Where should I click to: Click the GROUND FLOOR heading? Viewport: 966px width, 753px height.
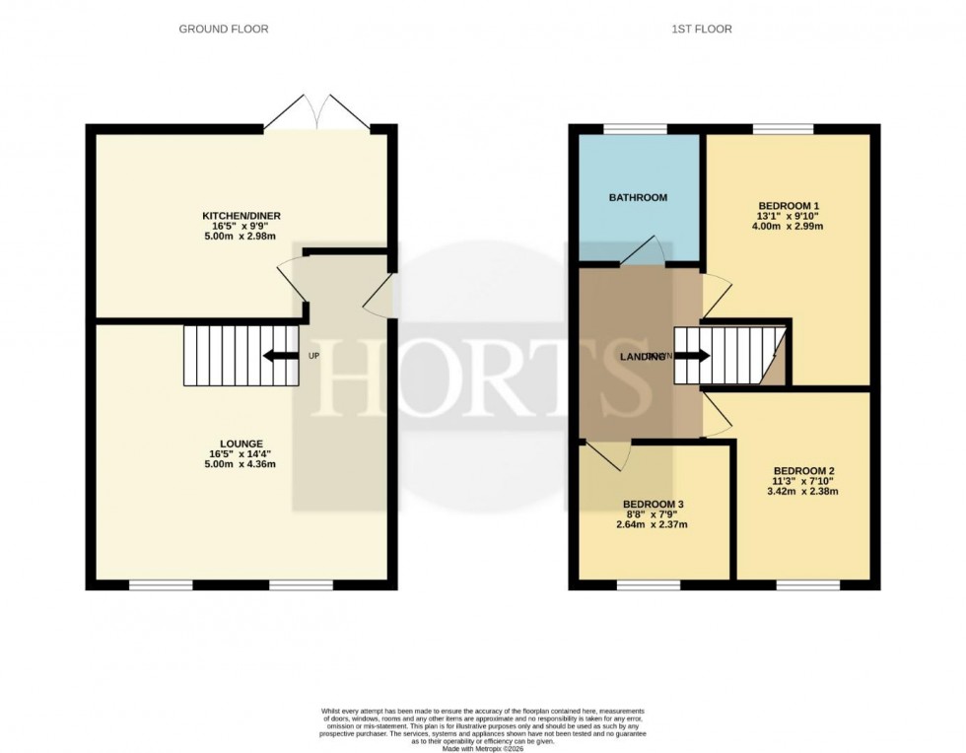(x=223, y=30)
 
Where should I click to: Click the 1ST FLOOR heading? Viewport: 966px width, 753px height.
(x=704, y=30)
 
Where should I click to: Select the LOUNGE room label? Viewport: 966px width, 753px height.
(x=242, y=444)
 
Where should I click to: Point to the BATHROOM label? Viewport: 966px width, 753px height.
(x=638, y=198)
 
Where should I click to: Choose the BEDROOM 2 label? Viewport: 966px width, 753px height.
(x=804, y=470)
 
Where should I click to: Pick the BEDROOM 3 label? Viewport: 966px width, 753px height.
(x=654, y=504)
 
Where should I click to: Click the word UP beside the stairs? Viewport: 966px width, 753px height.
(x=314, y=356)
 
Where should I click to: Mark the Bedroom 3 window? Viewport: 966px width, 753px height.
(x=649, y=585)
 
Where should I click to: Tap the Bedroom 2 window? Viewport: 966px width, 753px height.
(x=807, y=585)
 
